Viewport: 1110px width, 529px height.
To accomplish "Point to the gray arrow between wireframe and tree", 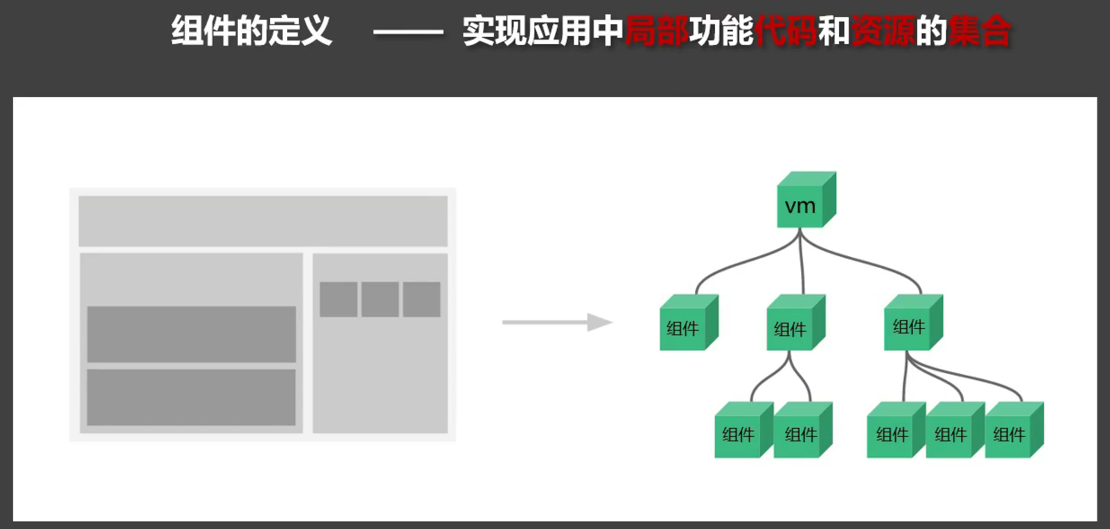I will [x=557, y=322].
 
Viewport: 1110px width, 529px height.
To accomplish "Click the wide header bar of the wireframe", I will [x=263, y=221].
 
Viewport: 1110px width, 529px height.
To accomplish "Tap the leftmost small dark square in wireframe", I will [x=338, y=299].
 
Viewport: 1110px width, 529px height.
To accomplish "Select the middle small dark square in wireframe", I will [x=380, y=299].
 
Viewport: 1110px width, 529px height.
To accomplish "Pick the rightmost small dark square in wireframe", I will [x=422, y=299].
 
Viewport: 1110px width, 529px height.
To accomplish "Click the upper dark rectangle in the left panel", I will [x=191, y=334].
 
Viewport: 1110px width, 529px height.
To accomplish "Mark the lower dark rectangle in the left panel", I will [x=191, y=397].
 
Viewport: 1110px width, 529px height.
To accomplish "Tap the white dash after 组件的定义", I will [x=408, y=32].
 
